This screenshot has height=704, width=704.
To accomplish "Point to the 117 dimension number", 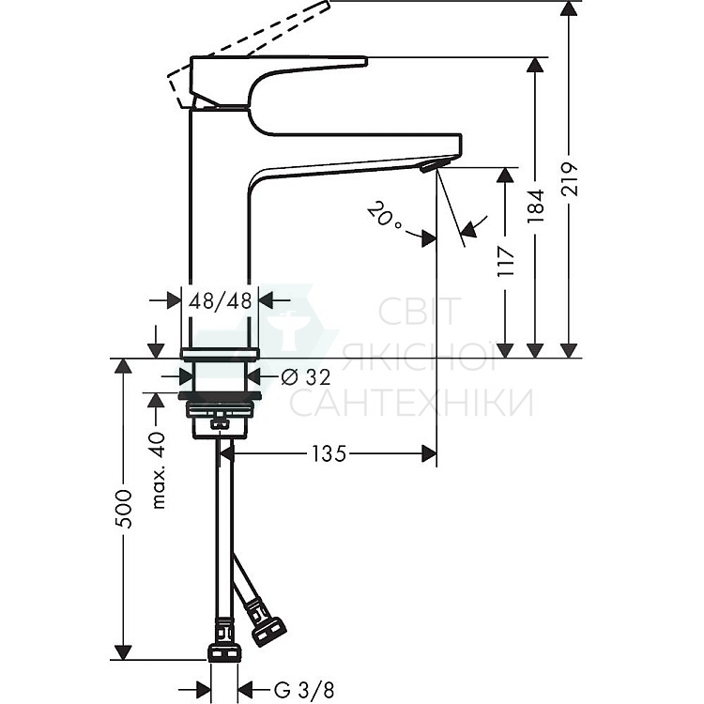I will pos(506,262).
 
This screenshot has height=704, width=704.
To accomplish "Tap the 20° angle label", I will pos(384,216).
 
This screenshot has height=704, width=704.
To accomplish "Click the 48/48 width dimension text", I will pos(221,300).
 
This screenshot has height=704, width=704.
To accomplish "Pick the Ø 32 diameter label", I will pos(306,376).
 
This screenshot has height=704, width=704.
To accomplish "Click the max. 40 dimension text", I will pos(159,470).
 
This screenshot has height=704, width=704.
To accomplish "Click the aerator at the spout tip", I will pos(430,166).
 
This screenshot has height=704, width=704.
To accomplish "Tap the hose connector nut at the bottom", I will pos(224,653).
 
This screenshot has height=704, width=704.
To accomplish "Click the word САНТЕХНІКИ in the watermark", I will pos(410,403).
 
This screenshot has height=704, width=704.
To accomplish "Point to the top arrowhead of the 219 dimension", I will pos(570,9).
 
